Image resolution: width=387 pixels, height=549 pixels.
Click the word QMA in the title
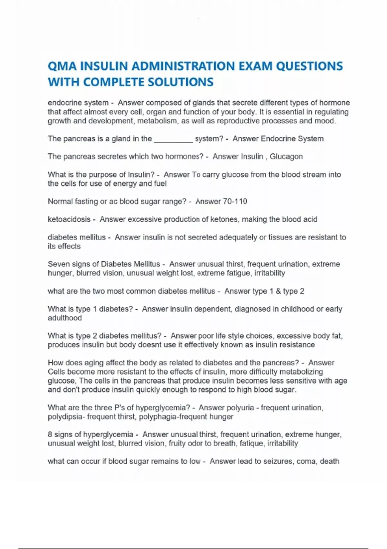tap(62, 66)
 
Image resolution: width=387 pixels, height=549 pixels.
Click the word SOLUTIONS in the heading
tap(181, 82)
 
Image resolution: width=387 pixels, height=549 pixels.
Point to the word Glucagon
tap(286, 157)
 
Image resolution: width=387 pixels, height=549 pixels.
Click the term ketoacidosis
tap(69, 219)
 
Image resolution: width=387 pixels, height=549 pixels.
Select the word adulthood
tap(65, 318)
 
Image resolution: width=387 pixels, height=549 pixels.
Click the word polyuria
tap(240, 408)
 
